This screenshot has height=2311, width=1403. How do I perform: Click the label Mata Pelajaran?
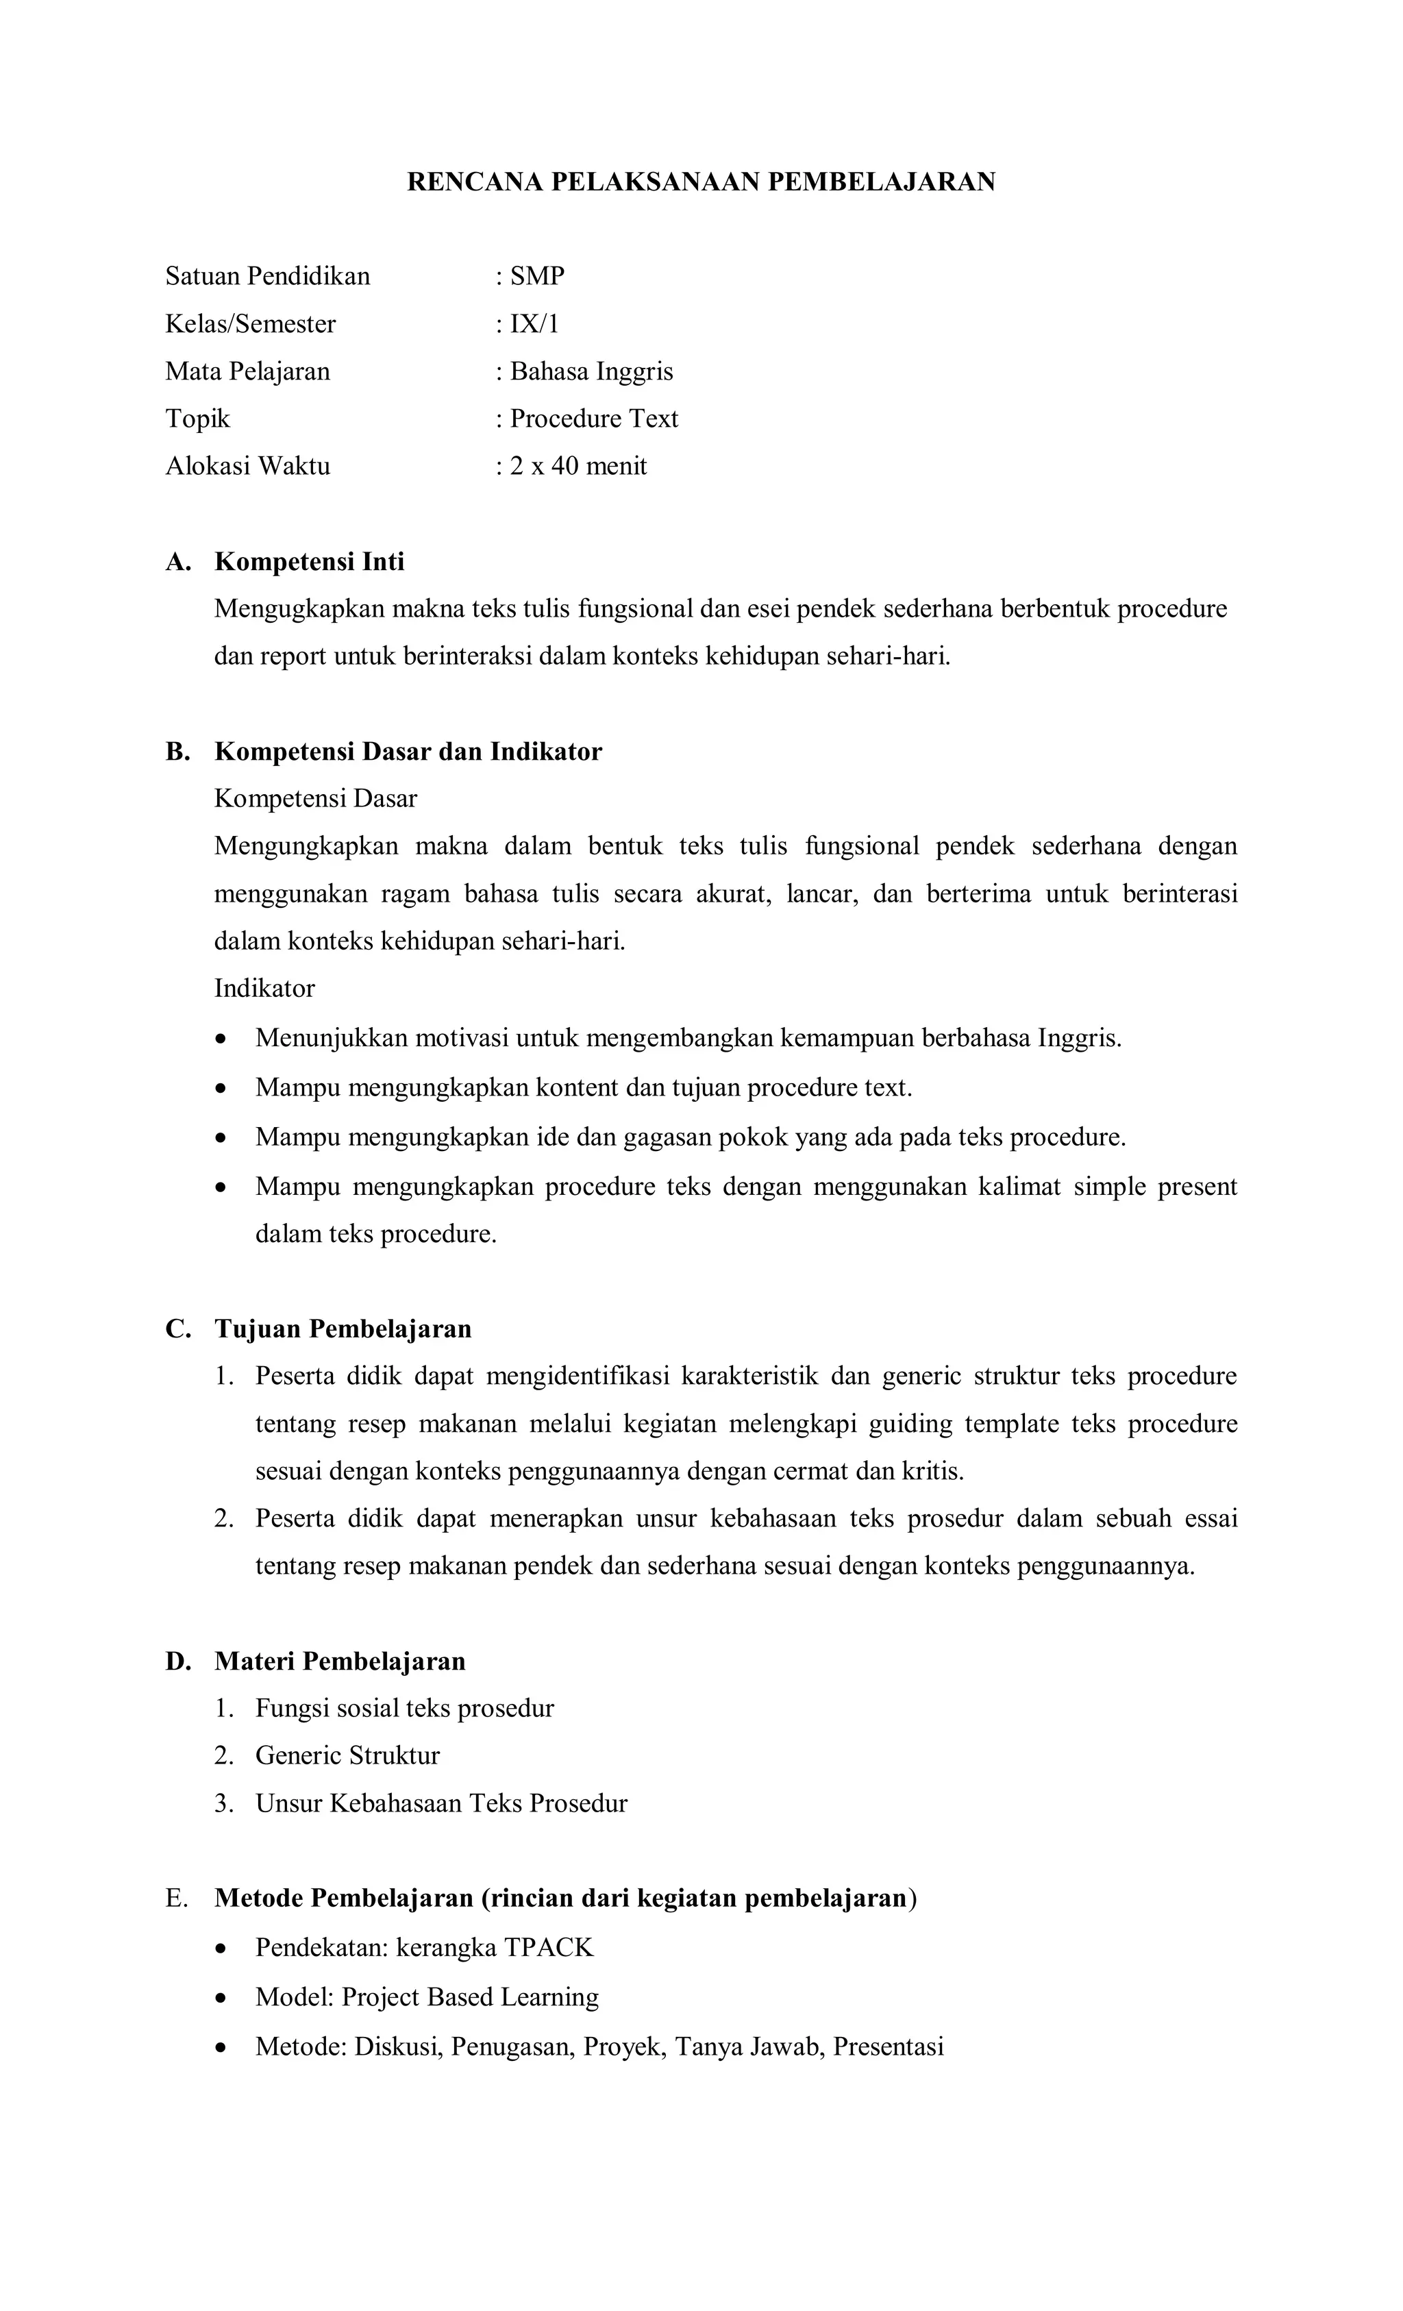247,371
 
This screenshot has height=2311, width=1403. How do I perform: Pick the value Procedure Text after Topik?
594,419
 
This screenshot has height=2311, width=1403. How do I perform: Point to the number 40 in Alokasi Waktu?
564,466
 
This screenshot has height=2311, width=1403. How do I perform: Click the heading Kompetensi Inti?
310,562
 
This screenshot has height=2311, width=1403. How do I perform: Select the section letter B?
176,752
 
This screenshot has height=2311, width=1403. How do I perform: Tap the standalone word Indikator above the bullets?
264,989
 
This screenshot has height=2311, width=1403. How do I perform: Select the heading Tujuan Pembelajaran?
343,1329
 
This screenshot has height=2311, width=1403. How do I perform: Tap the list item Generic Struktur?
347,1756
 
